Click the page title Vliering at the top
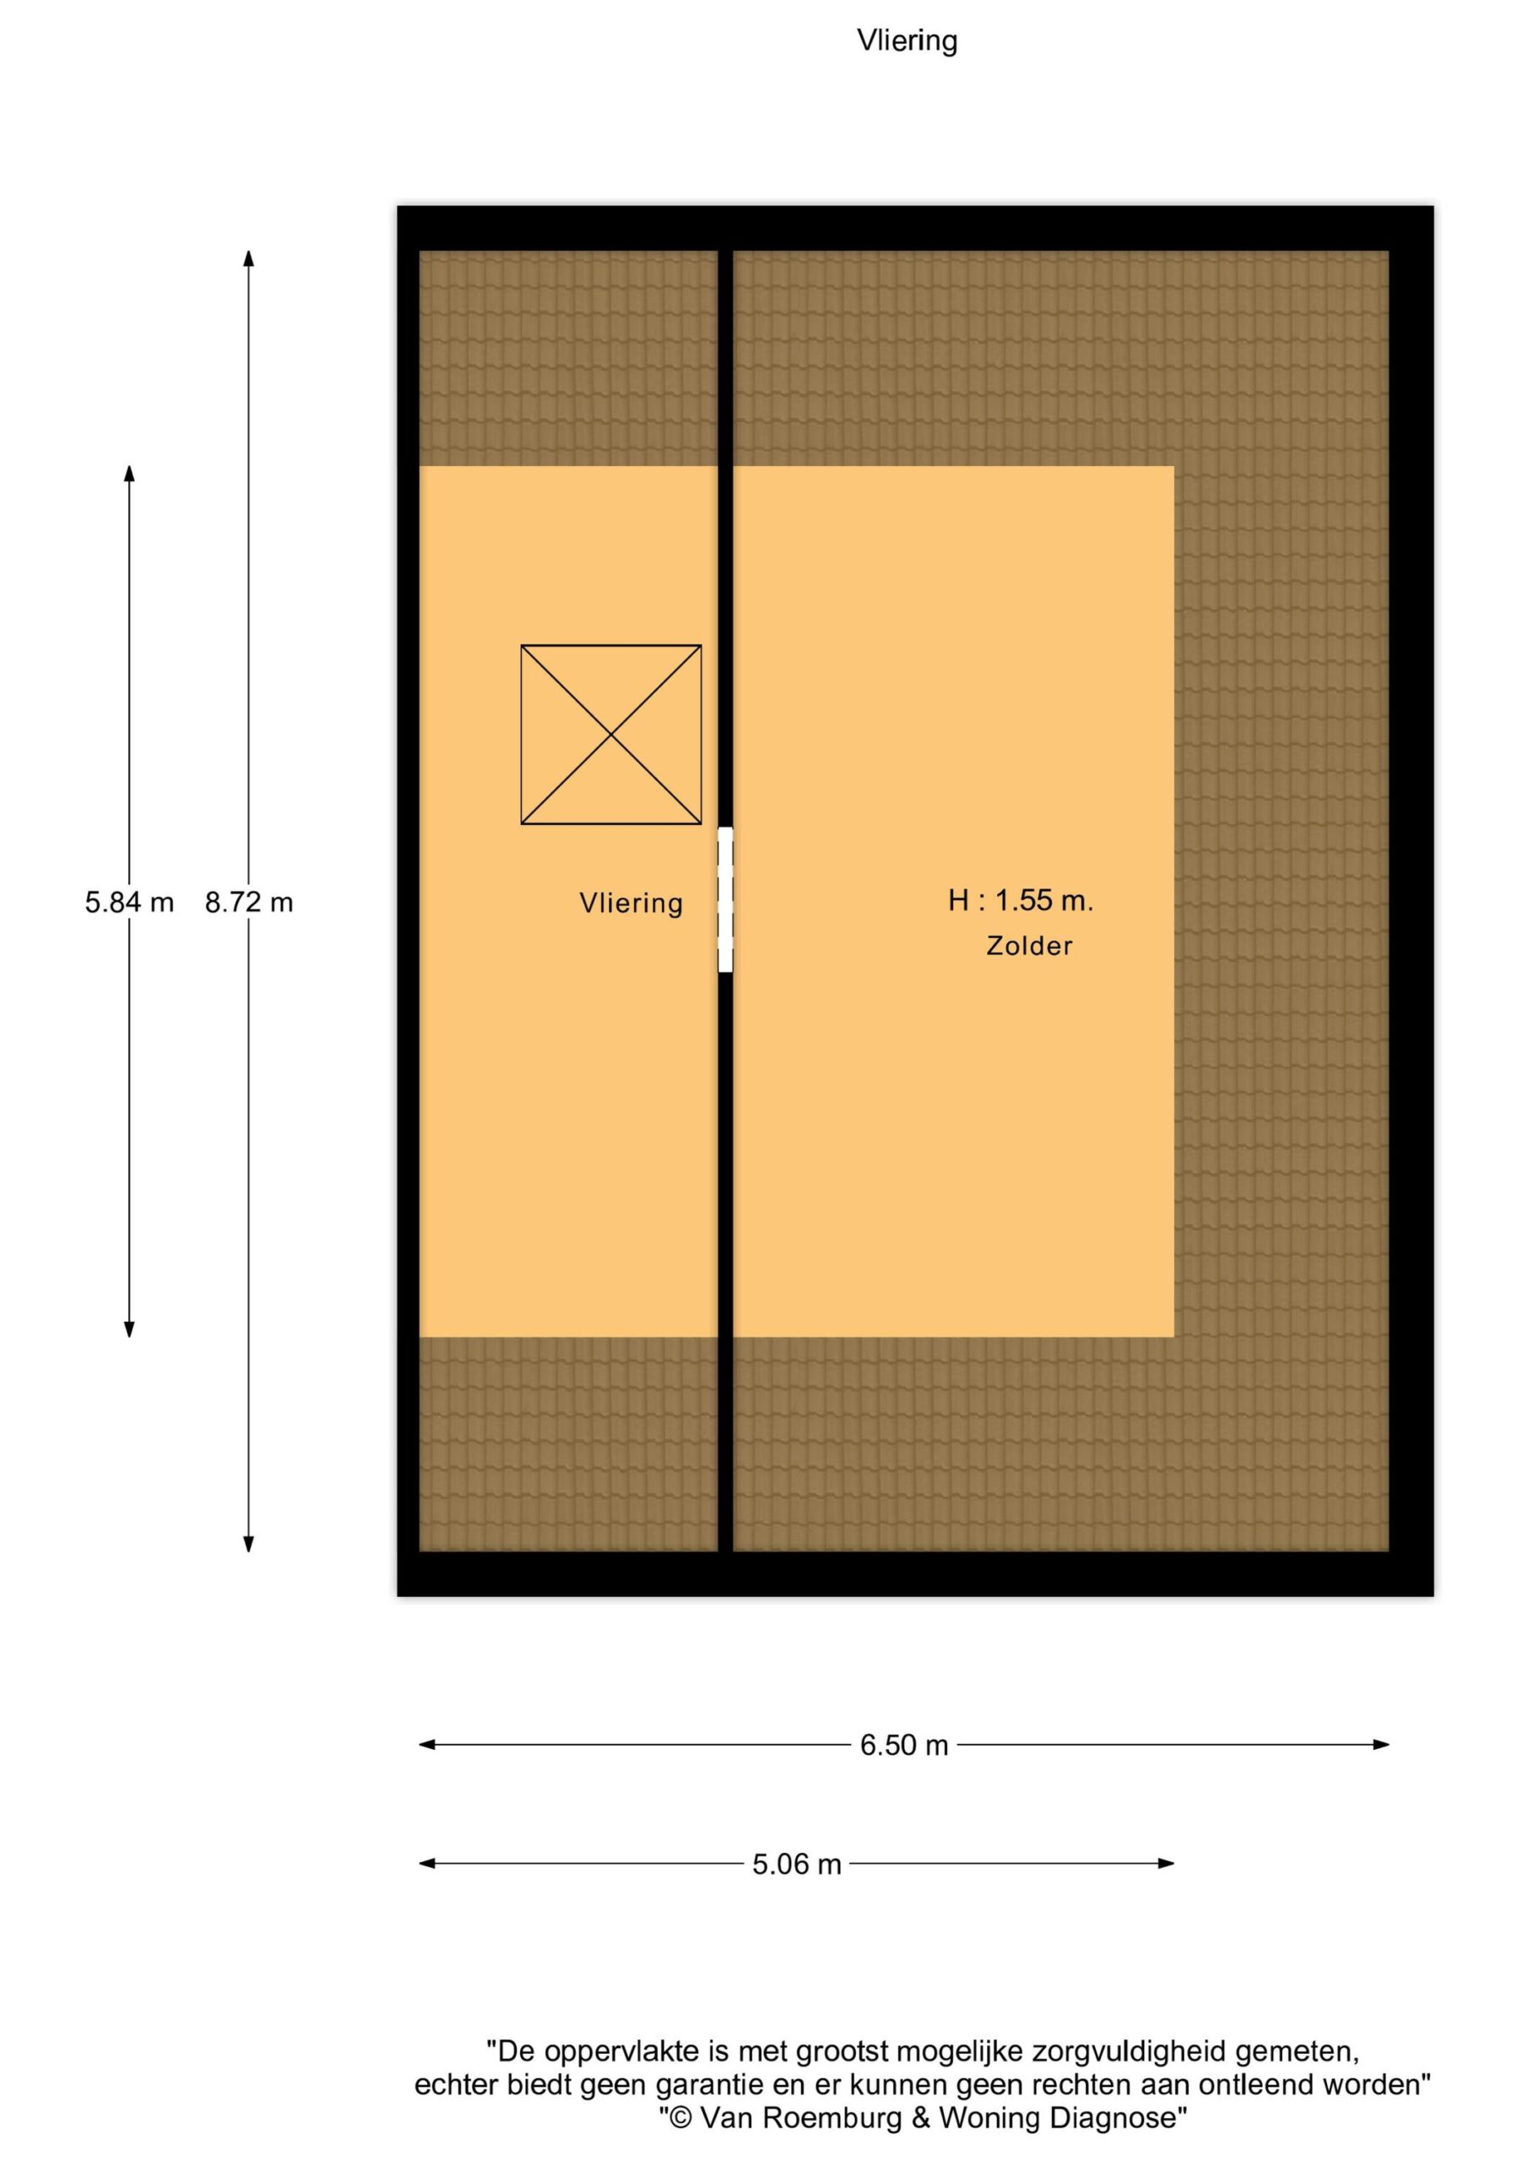point(907,41)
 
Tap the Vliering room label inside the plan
point(631,904)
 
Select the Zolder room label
point(1029,945)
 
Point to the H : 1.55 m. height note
point(1021,900)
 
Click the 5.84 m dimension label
point(129,902)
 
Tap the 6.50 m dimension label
point(904,1745)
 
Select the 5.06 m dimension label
point(796,1865)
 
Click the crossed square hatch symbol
point(611,735)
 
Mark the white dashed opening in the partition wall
point(725,899)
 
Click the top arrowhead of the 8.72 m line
point(248,258)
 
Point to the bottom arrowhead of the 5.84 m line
point(129,1328)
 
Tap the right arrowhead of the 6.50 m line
point(1381,1745)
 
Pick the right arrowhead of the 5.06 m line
point(1166,1864)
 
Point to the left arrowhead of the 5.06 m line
point(427,1864)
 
